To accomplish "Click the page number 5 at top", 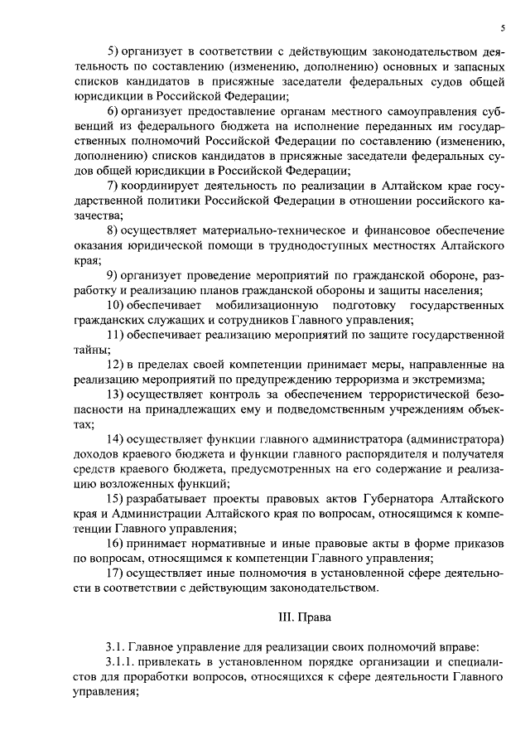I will click(503, 28).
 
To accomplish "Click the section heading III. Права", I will click(304, 617).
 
